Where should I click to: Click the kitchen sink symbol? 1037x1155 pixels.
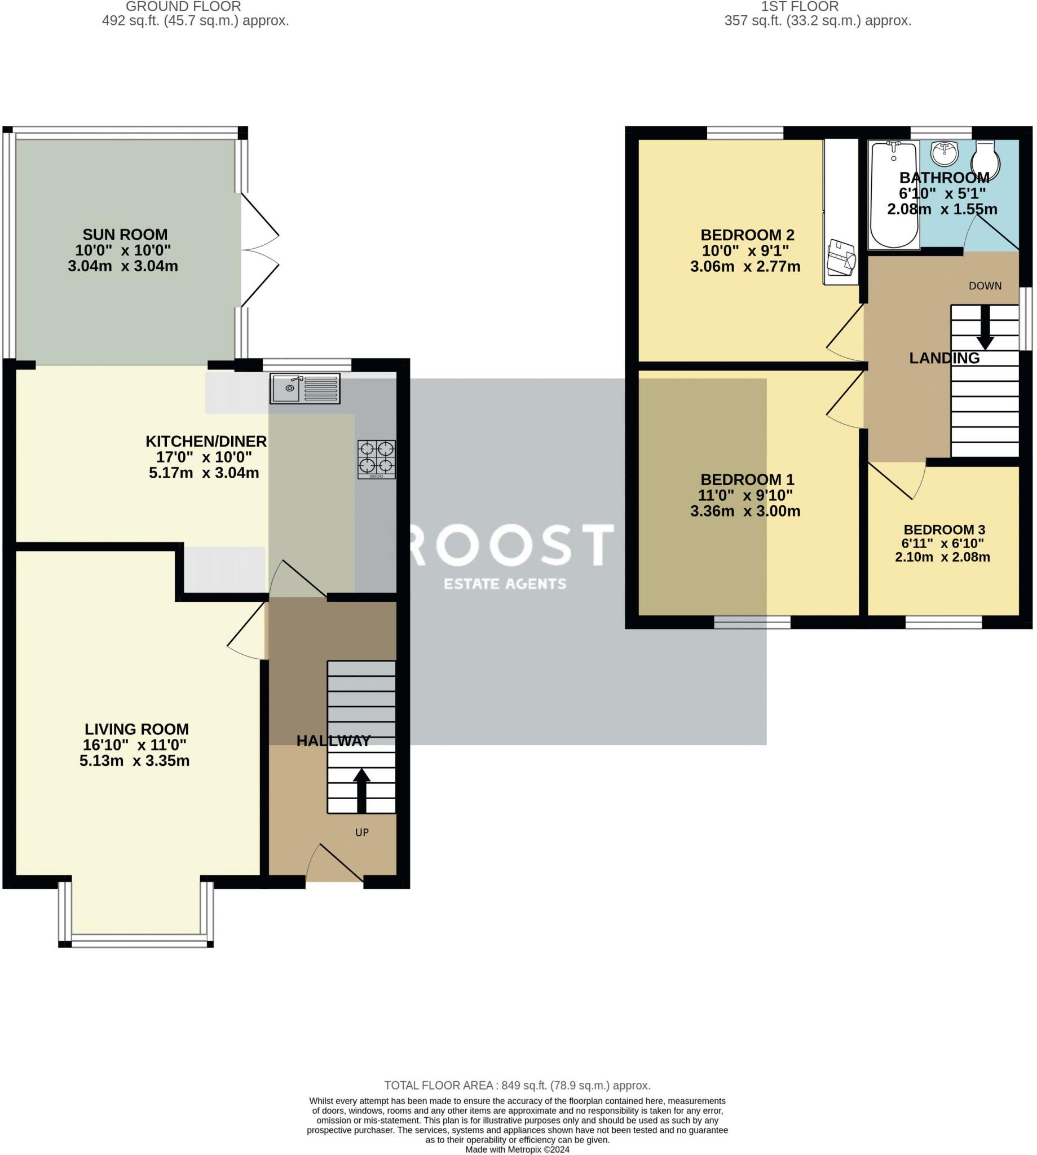[x=305, y=389]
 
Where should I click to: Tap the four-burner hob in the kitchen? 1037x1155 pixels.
[x=377, y=459]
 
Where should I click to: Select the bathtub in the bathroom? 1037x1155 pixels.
[x=893, y=195]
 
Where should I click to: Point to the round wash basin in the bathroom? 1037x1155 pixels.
[x=944, y=153]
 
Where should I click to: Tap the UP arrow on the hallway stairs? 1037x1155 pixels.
[x=361, y=790]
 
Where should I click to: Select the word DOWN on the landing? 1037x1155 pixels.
[x=985, y=286]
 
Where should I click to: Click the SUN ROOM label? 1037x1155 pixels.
[x=125, y=235]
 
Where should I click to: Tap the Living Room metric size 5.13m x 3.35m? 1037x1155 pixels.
[x=134, y=761]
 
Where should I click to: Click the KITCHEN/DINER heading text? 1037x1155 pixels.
[x=206, y=441]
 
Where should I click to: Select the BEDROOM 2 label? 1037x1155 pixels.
[x=747, y=235]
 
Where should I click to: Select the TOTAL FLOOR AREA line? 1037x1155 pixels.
[x=517, y=1086]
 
